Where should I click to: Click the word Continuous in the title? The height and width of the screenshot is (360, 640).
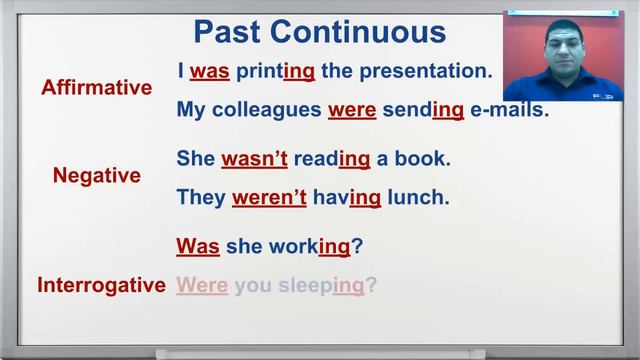pyautogui.click(x=358, y=32)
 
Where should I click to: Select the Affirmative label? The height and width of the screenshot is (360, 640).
pyautogui.click(x=97, y=88)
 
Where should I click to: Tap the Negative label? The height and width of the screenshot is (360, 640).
pyautogui.click(x=97, y=176)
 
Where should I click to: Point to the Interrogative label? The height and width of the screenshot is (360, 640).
pyautogui.click(x=101, y=285)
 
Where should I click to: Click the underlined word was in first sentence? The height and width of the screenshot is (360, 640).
pyautogui.click(x=210, y=72)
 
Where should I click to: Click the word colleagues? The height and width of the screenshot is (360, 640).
pyautogui.click(x=266, y=110)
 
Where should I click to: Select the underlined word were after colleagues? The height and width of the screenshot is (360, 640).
pyautogui.click(x=351, y=110)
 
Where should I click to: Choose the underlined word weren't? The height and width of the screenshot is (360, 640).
pyautogui.click(x=269, y=197)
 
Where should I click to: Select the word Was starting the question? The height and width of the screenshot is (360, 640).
pyautogui.click(x=198, y=246)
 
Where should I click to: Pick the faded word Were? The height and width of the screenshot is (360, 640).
pyautogui.click(x=202, y=286)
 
